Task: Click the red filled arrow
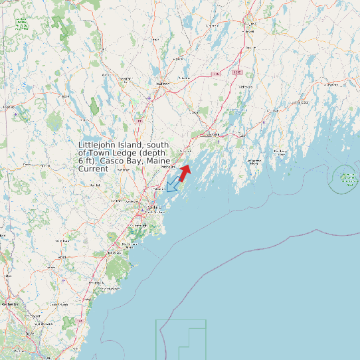pos(185,172)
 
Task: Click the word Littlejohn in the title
pos(99,145)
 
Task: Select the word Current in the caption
pos(93,169)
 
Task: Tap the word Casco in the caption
pos(115,161)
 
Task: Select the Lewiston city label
pos(162,84)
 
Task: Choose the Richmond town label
pos(245,86)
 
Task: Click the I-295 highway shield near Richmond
pos(237,71)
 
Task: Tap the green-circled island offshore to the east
pos(346,178)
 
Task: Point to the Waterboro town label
pos(62,240)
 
